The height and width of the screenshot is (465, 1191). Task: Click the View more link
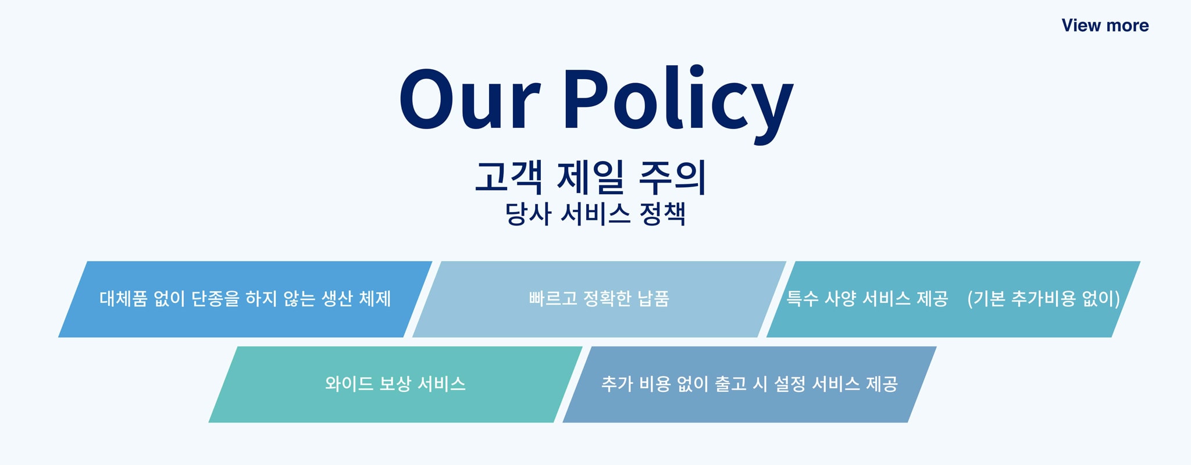point(1105,26)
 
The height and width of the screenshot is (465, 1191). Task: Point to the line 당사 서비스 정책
point(595,214)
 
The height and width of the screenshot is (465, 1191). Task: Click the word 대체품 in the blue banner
point(123,299)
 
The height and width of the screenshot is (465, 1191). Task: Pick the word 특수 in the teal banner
point(803,299)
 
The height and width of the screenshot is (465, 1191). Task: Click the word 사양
point(840,299)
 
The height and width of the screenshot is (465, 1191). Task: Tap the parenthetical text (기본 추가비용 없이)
point(1044,299)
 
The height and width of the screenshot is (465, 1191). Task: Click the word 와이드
point(349,384)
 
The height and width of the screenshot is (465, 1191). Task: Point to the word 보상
point(395,384)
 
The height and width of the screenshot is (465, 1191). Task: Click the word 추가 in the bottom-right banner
point(617,384)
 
